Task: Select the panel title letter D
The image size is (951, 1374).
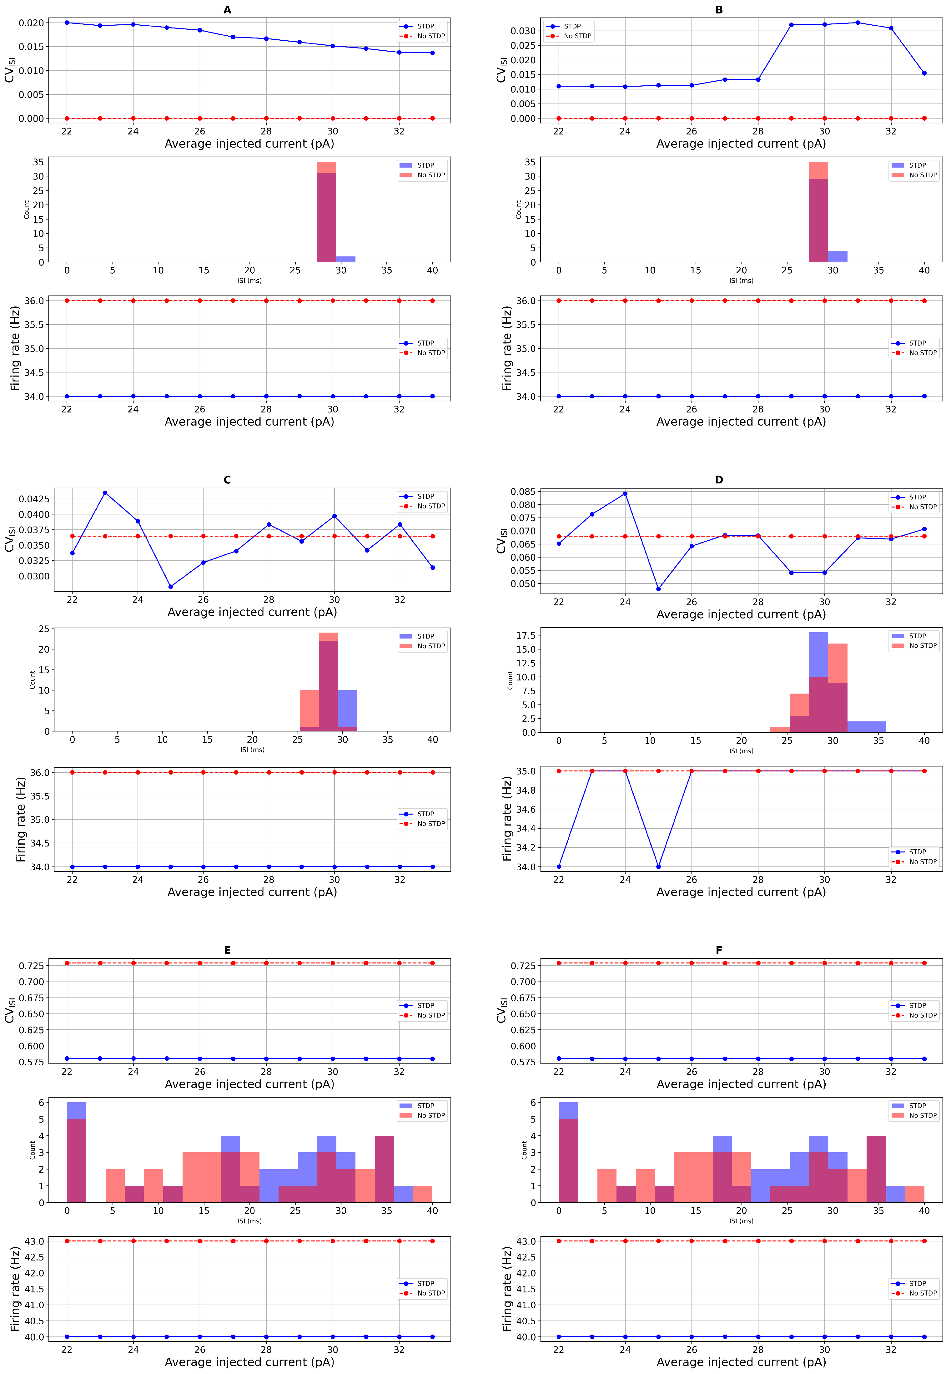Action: point(719,480)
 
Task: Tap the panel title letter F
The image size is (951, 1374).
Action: point(719,950)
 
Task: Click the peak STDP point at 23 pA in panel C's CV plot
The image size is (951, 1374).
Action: point(105,493)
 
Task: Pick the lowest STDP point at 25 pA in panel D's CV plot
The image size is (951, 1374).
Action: point(658,589)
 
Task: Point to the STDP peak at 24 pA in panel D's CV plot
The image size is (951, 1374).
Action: point(625,493)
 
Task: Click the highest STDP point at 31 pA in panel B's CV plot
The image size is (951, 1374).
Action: point(858,23)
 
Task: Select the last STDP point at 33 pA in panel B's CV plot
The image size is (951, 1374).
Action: point(924,73)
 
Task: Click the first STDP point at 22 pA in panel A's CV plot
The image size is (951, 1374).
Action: point(67,23)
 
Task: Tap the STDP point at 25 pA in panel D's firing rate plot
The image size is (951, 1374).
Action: point(658,866)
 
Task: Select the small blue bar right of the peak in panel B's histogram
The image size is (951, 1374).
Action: point(837,256)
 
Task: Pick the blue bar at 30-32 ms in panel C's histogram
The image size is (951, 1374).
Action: point(347,709)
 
